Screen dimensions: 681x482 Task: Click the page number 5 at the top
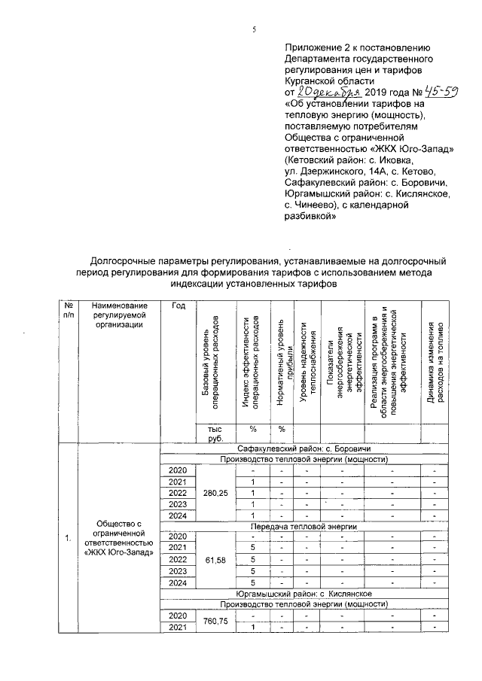tap(254, 29)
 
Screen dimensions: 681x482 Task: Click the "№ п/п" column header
tap(68, 310)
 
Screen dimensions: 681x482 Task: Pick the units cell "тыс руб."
tap(215, 433)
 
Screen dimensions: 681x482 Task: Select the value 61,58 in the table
tap(215, 561)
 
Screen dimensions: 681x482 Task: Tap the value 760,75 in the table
tap(215, 622)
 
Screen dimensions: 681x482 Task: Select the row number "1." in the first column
tap(68, 537)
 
